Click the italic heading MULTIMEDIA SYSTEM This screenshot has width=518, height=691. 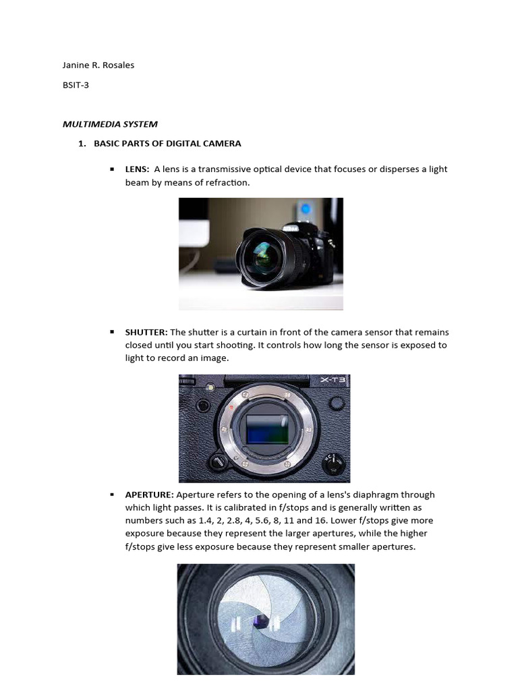110,124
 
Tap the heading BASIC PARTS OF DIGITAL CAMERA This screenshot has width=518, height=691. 167,144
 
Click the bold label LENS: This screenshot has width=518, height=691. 137,169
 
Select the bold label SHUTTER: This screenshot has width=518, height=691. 146,333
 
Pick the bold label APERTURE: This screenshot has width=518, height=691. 149,495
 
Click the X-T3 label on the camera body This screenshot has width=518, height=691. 333,381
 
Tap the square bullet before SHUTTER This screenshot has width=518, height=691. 111,333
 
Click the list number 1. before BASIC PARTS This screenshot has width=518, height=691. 83,144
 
